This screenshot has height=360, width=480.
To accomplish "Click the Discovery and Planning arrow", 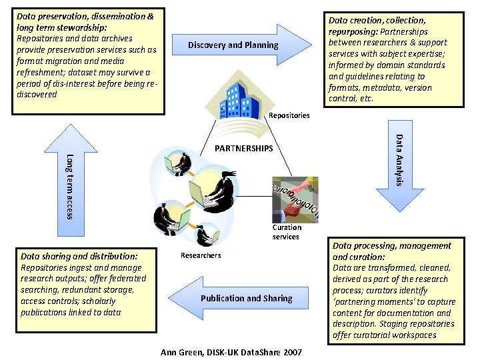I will point(240,45).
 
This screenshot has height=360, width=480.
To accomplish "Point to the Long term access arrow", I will point(69,183).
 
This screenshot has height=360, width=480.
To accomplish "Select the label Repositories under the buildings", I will point(289,116).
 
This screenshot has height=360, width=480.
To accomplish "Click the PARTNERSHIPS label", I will point(244,148).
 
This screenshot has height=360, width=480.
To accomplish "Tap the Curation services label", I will point(286,232).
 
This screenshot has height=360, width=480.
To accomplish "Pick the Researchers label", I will point(201,255).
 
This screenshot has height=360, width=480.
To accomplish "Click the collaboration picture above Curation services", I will point(295,198).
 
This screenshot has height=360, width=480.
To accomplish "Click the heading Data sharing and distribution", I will point(79,255).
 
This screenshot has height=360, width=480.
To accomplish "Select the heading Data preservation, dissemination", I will point(85,15).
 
